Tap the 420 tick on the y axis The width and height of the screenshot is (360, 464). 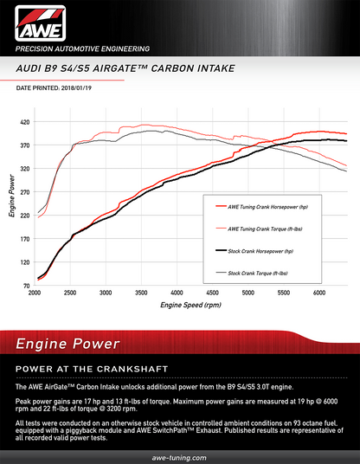tap(25, 123)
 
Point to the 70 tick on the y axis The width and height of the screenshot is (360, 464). tap(27, 285)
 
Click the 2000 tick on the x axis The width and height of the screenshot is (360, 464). tap(35, 294)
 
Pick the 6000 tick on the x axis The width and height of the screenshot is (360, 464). tap(318, 294)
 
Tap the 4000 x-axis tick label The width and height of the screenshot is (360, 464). tap(177, 294)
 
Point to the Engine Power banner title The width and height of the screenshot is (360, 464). tap(67, 344)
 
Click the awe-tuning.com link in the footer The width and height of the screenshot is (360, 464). tap(179, 454)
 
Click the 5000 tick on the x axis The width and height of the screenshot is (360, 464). tap(247, 294)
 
